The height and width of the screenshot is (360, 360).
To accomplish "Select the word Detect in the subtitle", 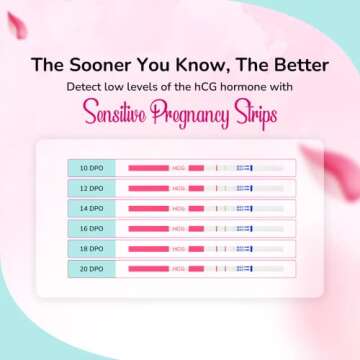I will point(86,87).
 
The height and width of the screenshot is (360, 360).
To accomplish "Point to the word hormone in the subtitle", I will point(248,87).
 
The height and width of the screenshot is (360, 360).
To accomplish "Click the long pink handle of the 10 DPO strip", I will point(149,167).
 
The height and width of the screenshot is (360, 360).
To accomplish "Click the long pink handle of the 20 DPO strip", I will point(149,269).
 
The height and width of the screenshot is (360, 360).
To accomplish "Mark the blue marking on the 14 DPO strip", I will point(244,208).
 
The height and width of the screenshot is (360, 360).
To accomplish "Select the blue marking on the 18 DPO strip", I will point(244,249).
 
